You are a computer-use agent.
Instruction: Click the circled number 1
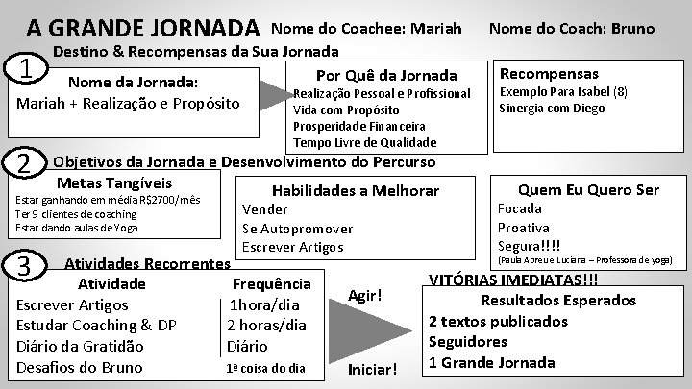[x=26, y=70]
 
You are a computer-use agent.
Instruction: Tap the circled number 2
[x=26, y=164]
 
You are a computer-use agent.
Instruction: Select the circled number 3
[x=26, y=262]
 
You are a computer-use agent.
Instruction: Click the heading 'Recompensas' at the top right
[x=549, y=73]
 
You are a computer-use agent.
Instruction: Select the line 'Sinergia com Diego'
[x=552, y=108]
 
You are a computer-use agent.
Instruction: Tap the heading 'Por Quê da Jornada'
[x=386, y=75]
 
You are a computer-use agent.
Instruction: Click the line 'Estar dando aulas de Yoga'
[x=77, y=228]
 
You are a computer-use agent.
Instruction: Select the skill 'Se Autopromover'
[x=297, y=229]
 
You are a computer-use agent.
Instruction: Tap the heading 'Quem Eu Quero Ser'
[x=588, y=189]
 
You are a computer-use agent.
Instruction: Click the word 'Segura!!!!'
[x=529, y=246]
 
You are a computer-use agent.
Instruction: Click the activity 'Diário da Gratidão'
[x=81, y=346]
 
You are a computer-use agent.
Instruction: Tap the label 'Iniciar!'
[x=372, y=370]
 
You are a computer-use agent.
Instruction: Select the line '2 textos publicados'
[x=499, y=321]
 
